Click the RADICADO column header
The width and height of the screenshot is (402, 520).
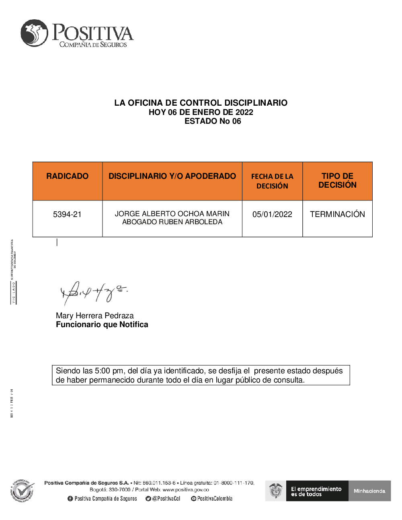67,176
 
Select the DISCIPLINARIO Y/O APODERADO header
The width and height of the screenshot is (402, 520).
172,176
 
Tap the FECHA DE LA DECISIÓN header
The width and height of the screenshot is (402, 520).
272,181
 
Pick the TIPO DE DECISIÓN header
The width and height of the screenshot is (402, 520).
337,180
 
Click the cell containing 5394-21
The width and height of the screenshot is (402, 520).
67,214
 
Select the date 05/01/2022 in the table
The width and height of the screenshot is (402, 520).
272,214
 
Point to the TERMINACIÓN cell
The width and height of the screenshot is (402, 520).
337,214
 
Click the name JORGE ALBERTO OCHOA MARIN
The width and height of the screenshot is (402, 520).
172,214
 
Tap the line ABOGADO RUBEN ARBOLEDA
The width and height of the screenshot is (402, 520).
172,222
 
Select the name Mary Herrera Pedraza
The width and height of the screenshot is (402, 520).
94,315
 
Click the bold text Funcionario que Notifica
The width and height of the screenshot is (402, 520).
102,324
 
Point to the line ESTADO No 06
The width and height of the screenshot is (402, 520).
213,121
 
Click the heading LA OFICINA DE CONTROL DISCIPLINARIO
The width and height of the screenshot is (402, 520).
201,102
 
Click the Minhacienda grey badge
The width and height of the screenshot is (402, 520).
369,491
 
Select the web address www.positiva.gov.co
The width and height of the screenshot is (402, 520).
186,489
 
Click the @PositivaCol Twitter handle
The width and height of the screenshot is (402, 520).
166,499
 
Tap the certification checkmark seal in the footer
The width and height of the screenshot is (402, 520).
22,491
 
